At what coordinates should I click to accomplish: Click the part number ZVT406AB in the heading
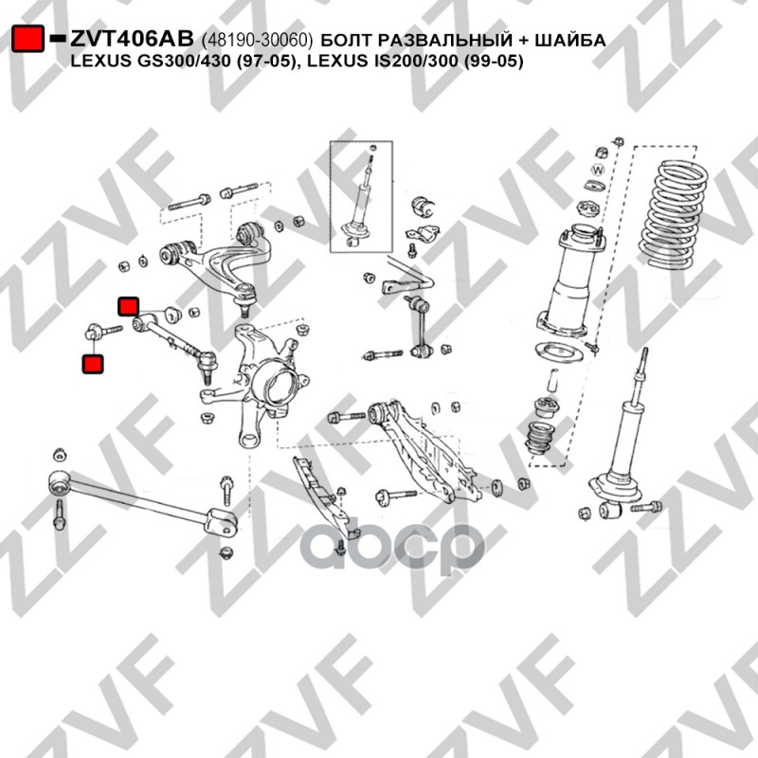[x=132, y=39]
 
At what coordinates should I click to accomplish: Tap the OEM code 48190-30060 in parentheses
[x=257, y=40]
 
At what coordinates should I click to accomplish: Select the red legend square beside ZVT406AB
[x=28, y=38]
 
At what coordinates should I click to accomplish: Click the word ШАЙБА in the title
[x=570, y=40]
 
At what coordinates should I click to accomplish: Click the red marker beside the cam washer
[x=129, y=306]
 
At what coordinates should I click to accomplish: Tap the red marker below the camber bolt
[x=93, y=364]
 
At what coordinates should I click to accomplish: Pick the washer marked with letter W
[x=599, y=170]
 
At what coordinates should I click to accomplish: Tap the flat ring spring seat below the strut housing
[x=559, y=351]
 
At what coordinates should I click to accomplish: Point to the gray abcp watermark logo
[x=392, y=546]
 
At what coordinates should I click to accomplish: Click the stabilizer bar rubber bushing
[x=423, y=208]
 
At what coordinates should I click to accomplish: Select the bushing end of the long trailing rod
[x=59, y=482]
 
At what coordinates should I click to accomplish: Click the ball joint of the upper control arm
[x=246, y=297]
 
